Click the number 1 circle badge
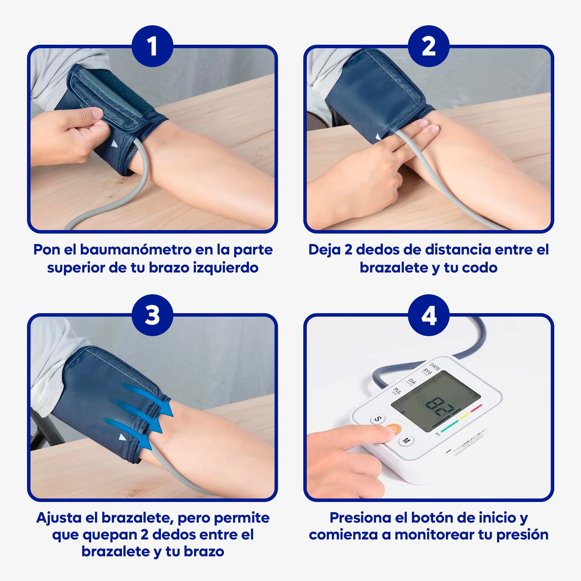(x=153, y=46)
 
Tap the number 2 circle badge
(x=428, y=46)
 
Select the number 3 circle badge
(x=153, y=315)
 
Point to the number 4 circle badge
(x=428, y=315)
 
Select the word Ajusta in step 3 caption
(x=59, y=518)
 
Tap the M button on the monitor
(x=406, y=441)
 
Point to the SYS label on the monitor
(x=427, y=372)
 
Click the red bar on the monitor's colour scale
(x=476, y=408)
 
